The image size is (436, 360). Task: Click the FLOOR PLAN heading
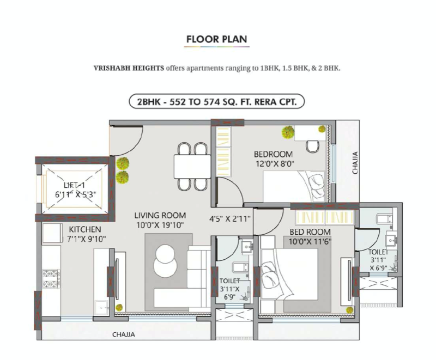(216, 39)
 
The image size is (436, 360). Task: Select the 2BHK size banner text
(216, 102)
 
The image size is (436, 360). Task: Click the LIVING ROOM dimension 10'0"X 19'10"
(160, 224)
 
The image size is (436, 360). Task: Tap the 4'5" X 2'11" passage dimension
(229, 219)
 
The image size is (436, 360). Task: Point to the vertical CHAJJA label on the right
(354, 162)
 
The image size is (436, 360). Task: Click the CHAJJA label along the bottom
(123, 334)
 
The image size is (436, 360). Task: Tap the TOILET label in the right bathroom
(378, 252)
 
